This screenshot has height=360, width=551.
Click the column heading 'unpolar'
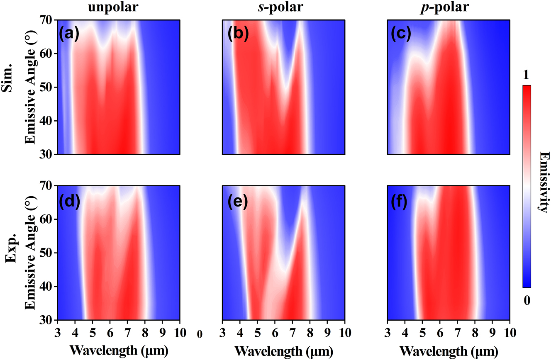(x=118, y=7)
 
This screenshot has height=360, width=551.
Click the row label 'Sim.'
(x=10, y=87)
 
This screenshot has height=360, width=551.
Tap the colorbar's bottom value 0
(x=527, y=301)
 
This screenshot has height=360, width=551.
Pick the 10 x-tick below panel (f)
(x=510, y=332)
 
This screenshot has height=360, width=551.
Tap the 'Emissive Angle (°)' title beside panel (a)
(x=30, y=87)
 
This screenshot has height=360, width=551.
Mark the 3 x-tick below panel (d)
(x=58, y=332)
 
